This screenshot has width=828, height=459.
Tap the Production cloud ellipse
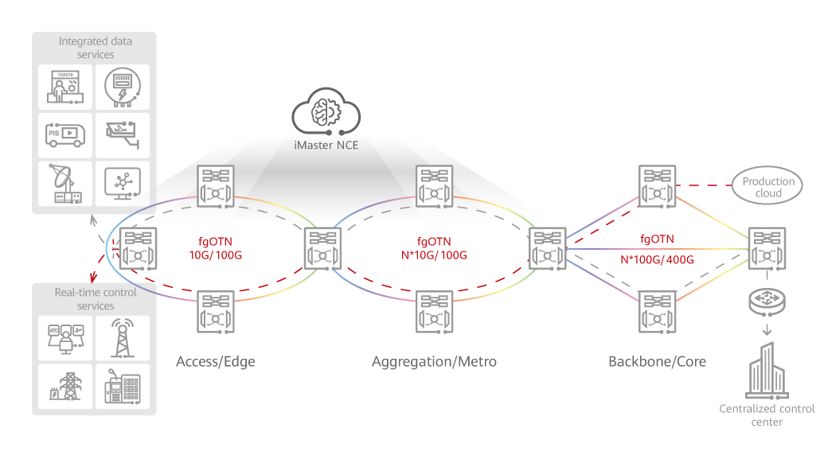click(768, 186)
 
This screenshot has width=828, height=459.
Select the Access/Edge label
click(216, 362)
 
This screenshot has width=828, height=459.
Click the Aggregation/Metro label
click(434, 362)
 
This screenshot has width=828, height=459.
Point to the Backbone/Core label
click(657, 362)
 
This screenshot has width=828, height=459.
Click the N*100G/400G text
click(657, 259)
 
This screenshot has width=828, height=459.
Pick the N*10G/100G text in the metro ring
click(434, 255)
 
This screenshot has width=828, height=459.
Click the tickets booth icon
click(65, 87)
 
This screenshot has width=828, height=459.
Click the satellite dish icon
click(65, 183)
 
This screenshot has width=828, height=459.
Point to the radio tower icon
click(122, 337)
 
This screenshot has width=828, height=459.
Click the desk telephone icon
click(122, 386)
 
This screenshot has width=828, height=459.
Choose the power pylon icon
click(65, 386)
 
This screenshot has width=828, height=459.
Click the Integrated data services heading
click(96, 48)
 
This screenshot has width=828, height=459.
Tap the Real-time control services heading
click(96, 299)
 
